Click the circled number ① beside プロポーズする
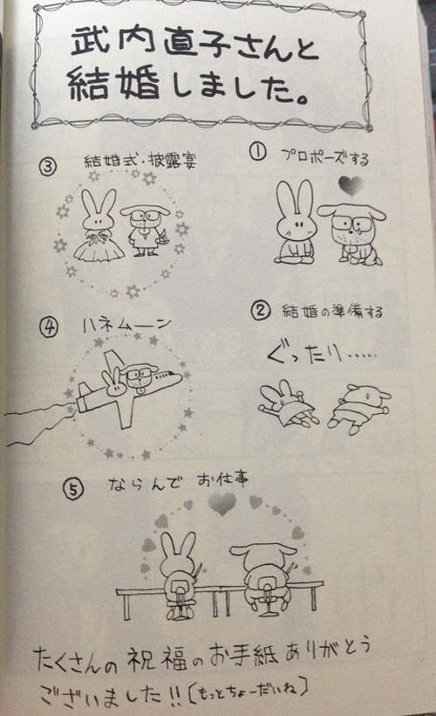[258, 152]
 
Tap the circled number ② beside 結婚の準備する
[260, 311]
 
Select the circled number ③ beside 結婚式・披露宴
[48, 166]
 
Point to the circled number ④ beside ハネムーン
[49, 327]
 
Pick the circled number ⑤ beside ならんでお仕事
[73, 489]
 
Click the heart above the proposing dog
[351, 185]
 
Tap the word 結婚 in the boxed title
[114, 83]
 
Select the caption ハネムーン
[127, 325]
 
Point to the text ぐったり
[304, 355]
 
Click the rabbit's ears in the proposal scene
[296, 198]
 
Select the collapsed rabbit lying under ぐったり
[288, 404]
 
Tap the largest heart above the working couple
[222, 504]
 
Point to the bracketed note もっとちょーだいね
[247, 692]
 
